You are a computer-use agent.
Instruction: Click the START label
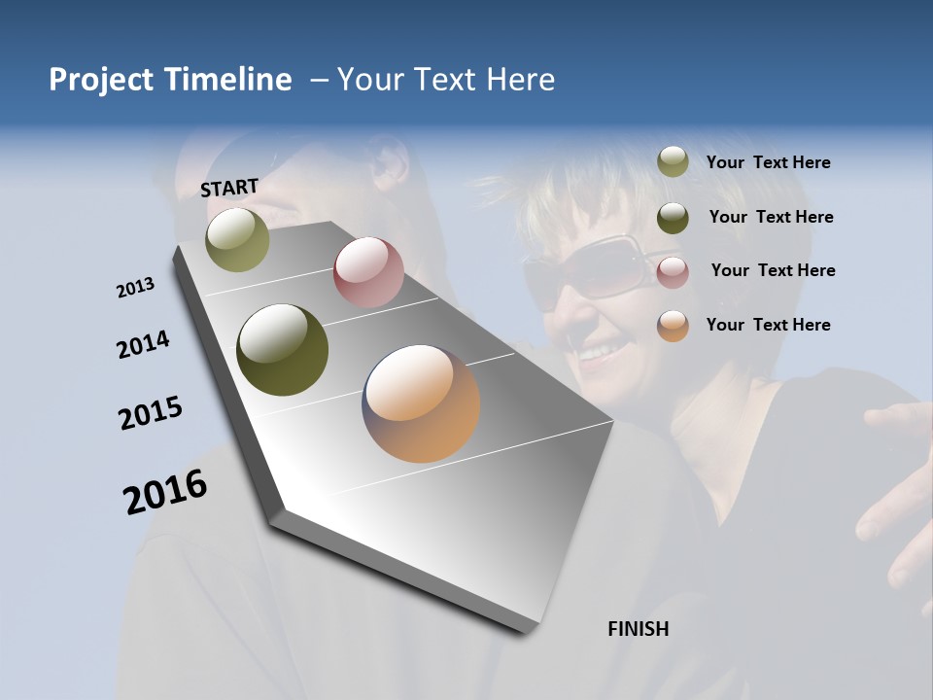tap(229, 187)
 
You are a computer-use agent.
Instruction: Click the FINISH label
tap(638, 629)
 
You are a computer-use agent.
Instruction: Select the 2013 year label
tap(136, 288)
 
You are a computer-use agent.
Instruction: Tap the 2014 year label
tap(144, 345)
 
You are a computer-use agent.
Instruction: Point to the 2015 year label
tap(151, 413)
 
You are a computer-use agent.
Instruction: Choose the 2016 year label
tap(165, 492)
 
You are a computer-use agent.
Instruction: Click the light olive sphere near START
tap(237, 239)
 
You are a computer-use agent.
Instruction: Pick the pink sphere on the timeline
tap(368, 272)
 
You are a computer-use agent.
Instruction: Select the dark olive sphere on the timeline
tap(283, 350)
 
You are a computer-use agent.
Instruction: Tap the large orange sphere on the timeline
tap(421, 403)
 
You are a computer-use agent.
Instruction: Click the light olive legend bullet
tap(673, 162)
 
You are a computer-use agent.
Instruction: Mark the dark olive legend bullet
tap(673, 218)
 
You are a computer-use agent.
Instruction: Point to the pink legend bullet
tap(673, 272)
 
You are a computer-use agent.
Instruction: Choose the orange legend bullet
tap(673, 326)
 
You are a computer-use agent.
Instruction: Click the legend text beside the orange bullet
tap(768, 325)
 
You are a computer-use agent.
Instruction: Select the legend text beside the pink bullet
tap(773, 270)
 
